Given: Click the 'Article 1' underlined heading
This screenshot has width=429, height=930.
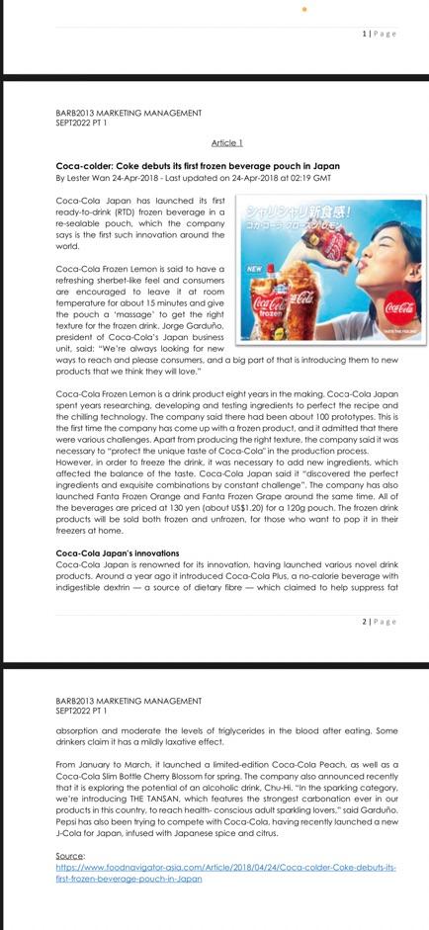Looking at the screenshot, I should tap(227, 143).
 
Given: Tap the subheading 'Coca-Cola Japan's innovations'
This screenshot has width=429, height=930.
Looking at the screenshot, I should tap(118, 553).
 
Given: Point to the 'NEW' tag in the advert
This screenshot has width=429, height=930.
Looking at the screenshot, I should tap(254, 268).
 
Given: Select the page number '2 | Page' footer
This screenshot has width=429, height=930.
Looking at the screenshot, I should tap(379, 622).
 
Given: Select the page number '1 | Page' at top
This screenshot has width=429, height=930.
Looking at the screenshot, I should tap(379, 34).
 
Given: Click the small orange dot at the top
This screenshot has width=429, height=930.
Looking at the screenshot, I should tap(304, 9).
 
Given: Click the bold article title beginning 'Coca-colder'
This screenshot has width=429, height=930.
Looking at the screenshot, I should tap(198, 166).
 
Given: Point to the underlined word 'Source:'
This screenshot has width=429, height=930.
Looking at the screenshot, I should tap(70, 856).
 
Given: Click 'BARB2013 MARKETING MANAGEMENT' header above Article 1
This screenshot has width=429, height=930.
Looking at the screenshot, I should tap(129, 113).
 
